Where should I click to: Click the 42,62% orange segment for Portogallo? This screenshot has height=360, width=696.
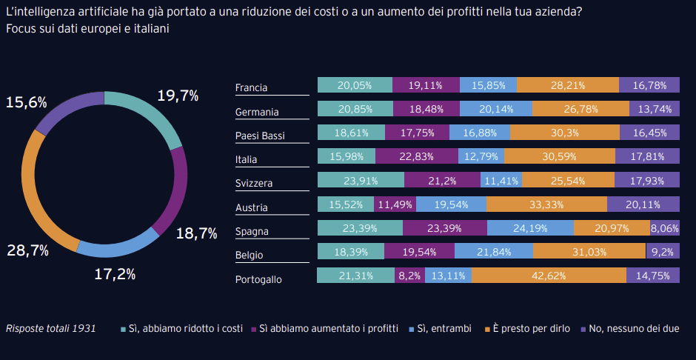[x=549, y=276]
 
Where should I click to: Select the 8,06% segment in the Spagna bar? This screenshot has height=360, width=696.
[x=664, y=228]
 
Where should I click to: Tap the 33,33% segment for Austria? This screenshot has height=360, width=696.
[x=546, y=204]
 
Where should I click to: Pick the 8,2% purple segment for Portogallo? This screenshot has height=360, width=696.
[x=409, y=276]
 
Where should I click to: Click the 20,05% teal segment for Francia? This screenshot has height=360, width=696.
[x=355, y=85]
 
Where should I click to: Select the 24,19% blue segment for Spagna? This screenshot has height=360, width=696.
[x=530, y=228]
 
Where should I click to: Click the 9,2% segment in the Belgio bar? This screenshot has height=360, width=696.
[x=663, y=252]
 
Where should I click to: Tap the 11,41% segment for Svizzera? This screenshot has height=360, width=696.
[x=501, y=180]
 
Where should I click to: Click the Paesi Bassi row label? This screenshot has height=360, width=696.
[x=260, y=136]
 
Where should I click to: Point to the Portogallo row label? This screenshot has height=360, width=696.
[x=258, y=279]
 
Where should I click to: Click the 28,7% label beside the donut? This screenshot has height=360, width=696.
[x=27, y=250]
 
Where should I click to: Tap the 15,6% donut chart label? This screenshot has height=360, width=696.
[x=27, y=102]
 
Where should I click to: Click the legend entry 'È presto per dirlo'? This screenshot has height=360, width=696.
[x=526, y=328]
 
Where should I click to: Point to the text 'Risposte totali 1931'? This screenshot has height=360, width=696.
[x=50, y=328]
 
